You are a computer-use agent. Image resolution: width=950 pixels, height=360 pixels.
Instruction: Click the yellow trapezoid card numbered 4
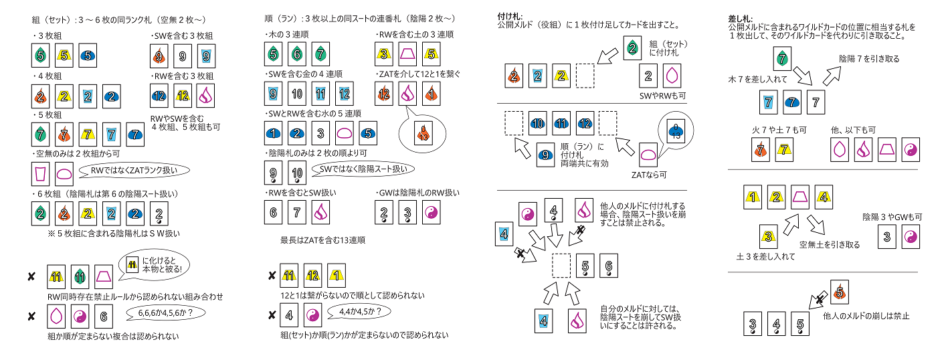click(x=823, y=197)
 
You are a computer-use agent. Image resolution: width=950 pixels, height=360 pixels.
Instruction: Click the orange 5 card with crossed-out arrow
click(x=840, y=292)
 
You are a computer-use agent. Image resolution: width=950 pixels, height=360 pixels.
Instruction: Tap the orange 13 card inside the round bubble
click(x=422, y=133)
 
